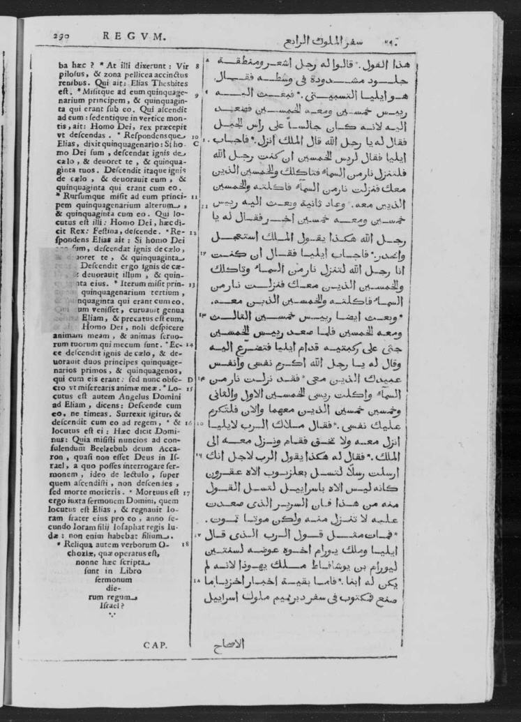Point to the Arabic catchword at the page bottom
(228, 645)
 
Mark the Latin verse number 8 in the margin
(197, 67)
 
